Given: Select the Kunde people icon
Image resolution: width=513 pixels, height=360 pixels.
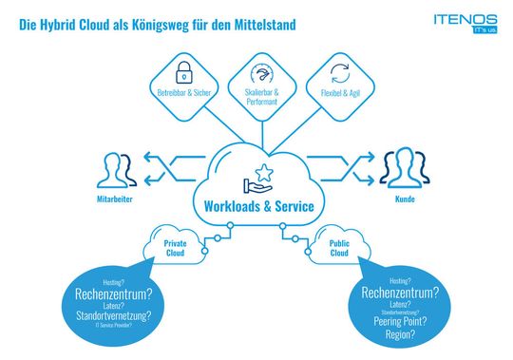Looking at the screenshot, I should (401, 170).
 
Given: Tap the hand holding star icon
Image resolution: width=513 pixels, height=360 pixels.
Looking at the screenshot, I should (257, 178).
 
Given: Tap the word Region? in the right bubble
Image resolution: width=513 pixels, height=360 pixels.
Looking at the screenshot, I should (399, 335).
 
